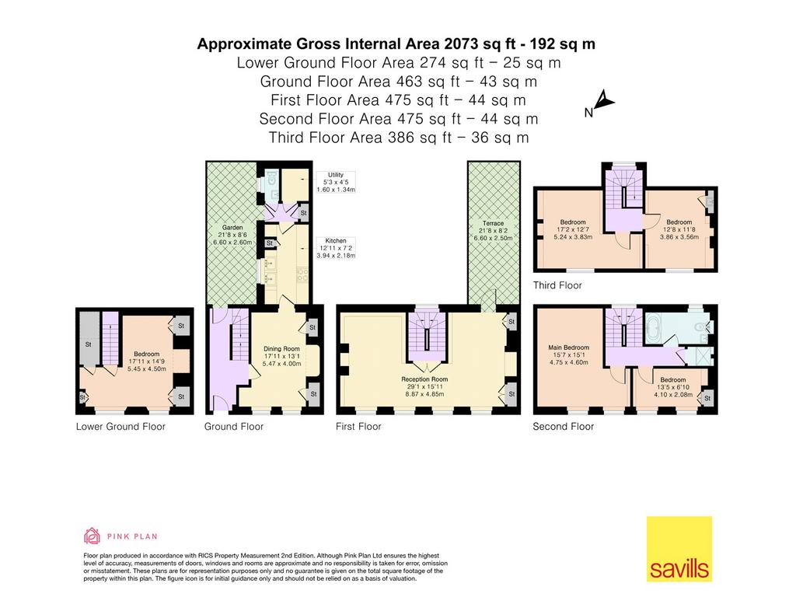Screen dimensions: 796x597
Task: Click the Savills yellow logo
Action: point(679,549)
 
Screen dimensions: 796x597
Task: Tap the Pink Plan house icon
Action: point(92,536)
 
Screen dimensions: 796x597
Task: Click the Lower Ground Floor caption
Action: point(120,427)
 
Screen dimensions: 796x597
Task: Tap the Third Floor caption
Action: point(557,285)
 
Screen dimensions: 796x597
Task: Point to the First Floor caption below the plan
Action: point(358,427)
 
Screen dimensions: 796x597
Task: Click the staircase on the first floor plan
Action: point(427,336)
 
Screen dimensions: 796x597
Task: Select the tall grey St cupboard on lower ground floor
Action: point(89,338)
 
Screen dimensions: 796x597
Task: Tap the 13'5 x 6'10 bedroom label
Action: point(673,387)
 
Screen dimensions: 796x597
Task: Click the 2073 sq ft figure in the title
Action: point(461,44)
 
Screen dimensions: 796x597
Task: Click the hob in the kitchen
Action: point(302,274)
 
